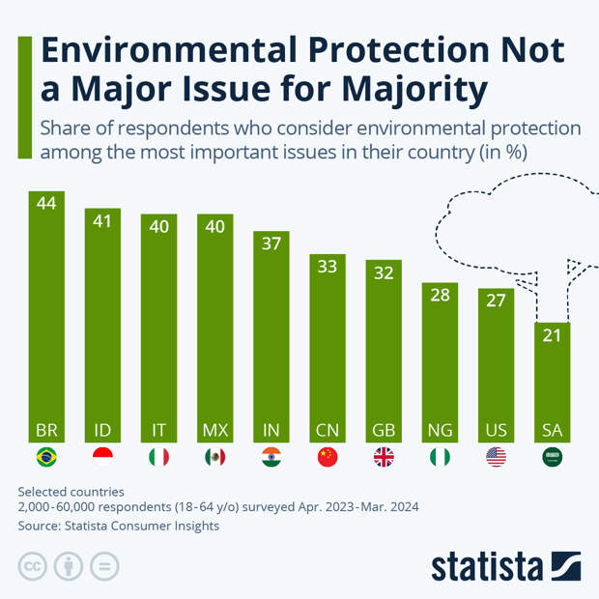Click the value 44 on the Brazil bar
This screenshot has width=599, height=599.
[46, 203]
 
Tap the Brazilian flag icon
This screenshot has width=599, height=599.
[46, 457]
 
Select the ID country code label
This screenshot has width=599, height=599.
[102, 430]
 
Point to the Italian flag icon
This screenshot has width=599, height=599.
[158, 457]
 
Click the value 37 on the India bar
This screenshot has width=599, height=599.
[271, 243]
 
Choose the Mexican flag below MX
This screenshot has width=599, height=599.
[215, 457]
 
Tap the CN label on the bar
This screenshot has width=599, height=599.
[328, 430]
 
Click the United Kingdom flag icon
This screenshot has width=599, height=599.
[384, 457]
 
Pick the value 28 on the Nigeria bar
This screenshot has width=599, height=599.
[440, 295]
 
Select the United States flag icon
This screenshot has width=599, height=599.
[496, 457]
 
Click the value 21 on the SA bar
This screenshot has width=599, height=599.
[552, 334]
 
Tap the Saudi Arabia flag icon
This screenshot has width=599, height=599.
[552, 457]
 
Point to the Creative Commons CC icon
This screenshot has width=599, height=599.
[32, 566]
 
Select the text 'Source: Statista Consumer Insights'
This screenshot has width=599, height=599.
[119, 526]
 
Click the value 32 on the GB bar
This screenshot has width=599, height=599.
[384, 272]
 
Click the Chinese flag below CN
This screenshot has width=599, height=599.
[328, 457]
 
